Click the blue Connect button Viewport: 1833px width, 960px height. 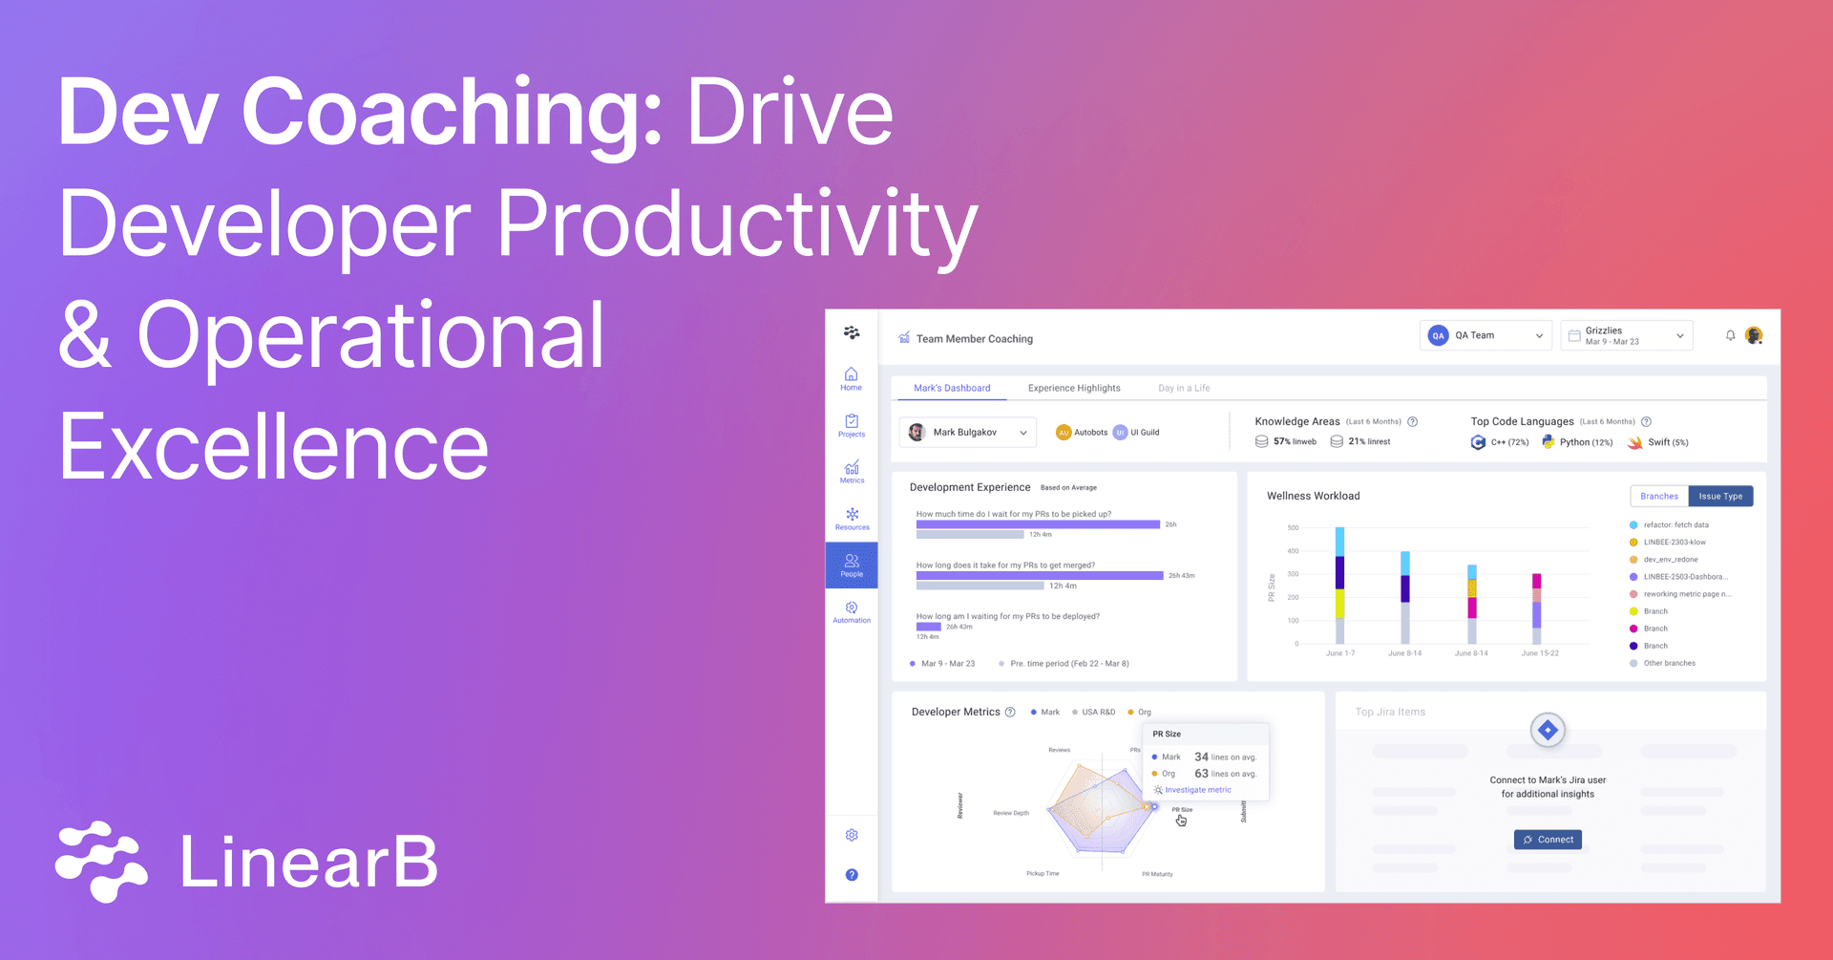point(1548,840)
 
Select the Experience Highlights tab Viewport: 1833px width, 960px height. point(1074,388)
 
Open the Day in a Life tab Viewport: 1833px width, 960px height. point(1184,388)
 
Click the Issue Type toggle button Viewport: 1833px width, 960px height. point(1720,496)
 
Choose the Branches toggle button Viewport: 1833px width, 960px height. point(1659,496)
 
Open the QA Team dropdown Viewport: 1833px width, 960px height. point(1485,335)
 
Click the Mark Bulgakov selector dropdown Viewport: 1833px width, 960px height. point(967,433)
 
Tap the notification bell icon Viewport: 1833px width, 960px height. point(1730,335)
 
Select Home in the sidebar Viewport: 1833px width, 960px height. point(851,378)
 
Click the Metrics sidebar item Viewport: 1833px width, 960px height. point(852,472)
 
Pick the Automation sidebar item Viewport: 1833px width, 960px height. point(852,611)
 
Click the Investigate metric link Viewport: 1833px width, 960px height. point(1197,790)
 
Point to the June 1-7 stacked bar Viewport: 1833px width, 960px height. point(1340,586)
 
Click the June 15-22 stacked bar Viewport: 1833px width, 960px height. point(1536,608)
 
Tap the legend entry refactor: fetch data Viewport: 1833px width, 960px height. point(1675,525)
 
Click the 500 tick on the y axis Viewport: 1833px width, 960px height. point(1293,527)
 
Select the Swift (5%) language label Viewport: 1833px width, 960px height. point(1667,442)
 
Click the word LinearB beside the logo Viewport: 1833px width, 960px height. point(308,863)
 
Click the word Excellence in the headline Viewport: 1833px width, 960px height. point(274,446)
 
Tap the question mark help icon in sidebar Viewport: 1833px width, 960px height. point(852,875)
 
